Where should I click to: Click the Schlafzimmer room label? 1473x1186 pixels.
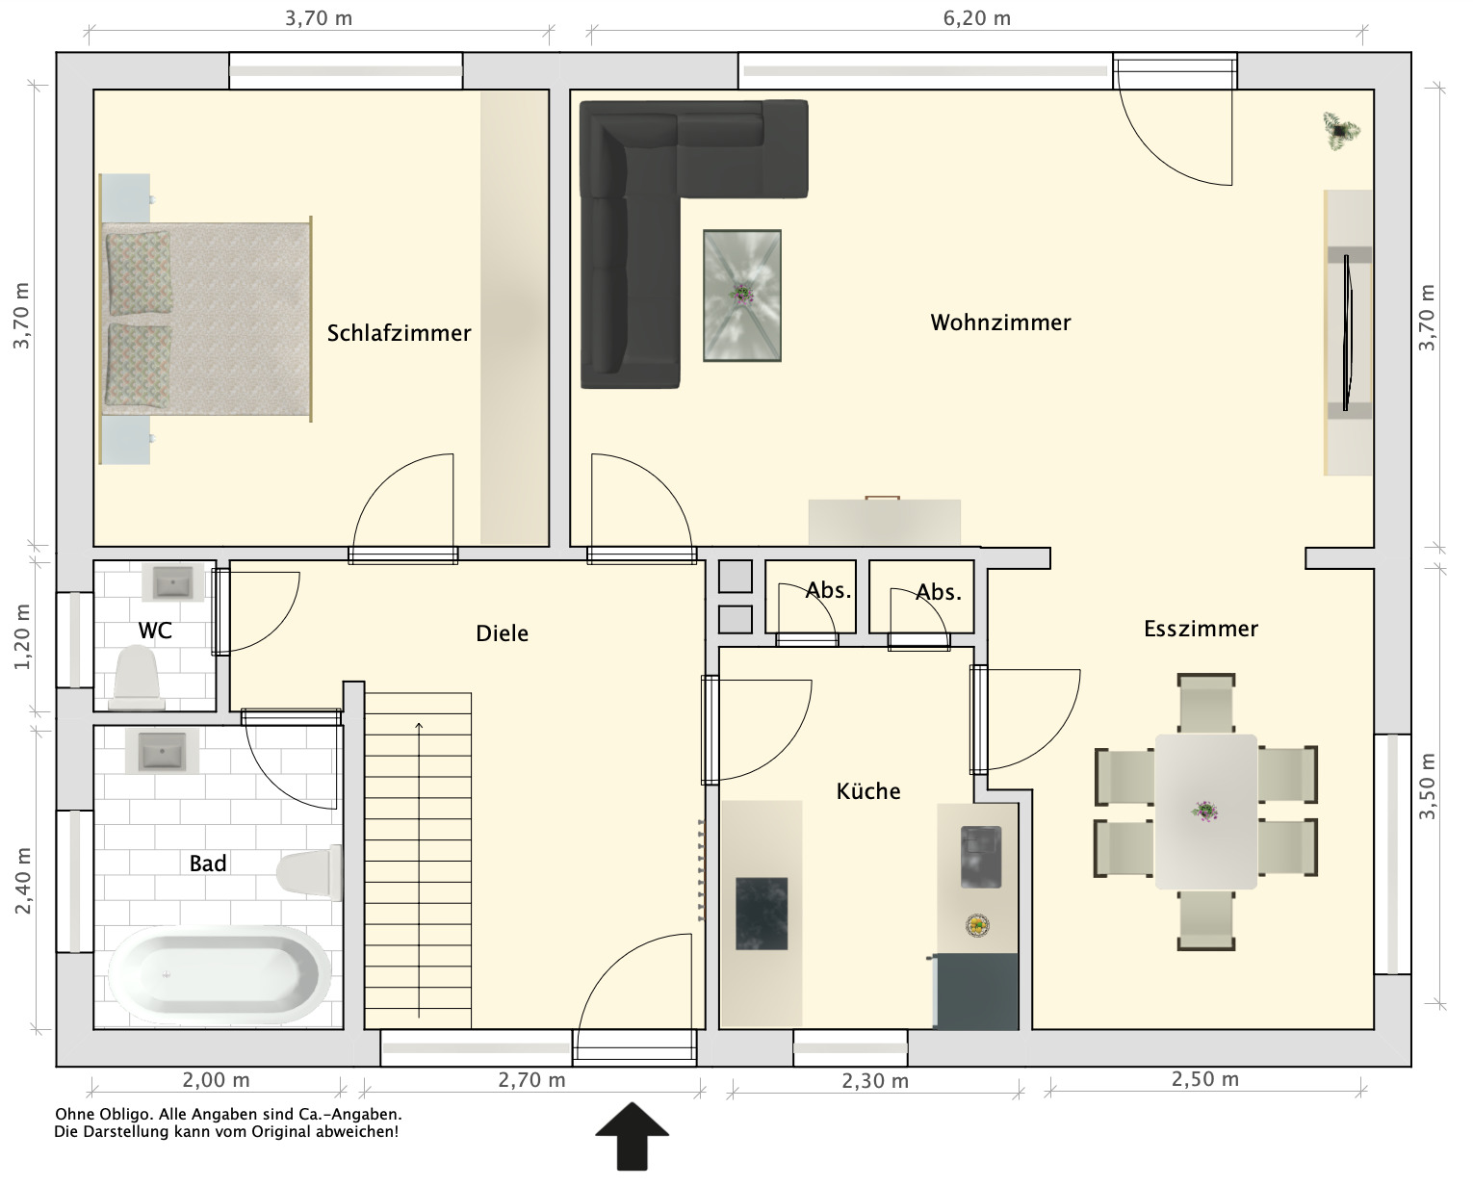[399, 333]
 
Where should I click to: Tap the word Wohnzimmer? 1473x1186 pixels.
[1000, 322]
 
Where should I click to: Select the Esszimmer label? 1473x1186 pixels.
[1201, 629]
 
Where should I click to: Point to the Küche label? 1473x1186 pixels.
[868, 791]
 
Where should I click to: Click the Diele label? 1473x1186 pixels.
[502, 633]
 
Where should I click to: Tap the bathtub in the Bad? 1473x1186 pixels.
[220, 974]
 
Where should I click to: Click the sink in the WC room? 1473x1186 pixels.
[172, 582]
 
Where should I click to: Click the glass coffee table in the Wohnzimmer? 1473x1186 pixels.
[742, 295]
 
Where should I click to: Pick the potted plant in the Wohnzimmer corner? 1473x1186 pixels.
[1340, 130]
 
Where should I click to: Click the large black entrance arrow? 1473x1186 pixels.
[632, 1135]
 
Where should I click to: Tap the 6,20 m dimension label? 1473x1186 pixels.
[977, 18]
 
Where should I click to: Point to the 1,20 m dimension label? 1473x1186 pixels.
[22, 636]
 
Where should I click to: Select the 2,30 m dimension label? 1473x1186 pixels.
[875, 1081]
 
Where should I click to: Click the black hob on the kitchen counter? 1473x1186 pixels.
[762, 914]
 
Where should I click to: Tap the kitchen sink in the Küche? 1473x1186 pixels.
[981, 857]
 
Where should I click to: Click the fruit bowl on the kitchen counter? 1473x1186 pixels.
[977, 925]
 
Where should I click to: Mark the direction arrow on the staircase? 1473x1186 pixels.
[419, 869]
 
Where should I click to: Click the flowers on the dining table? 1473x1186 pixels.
[1204, 812]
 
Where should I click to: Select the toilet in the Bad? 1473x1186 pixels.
[309, 872]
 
